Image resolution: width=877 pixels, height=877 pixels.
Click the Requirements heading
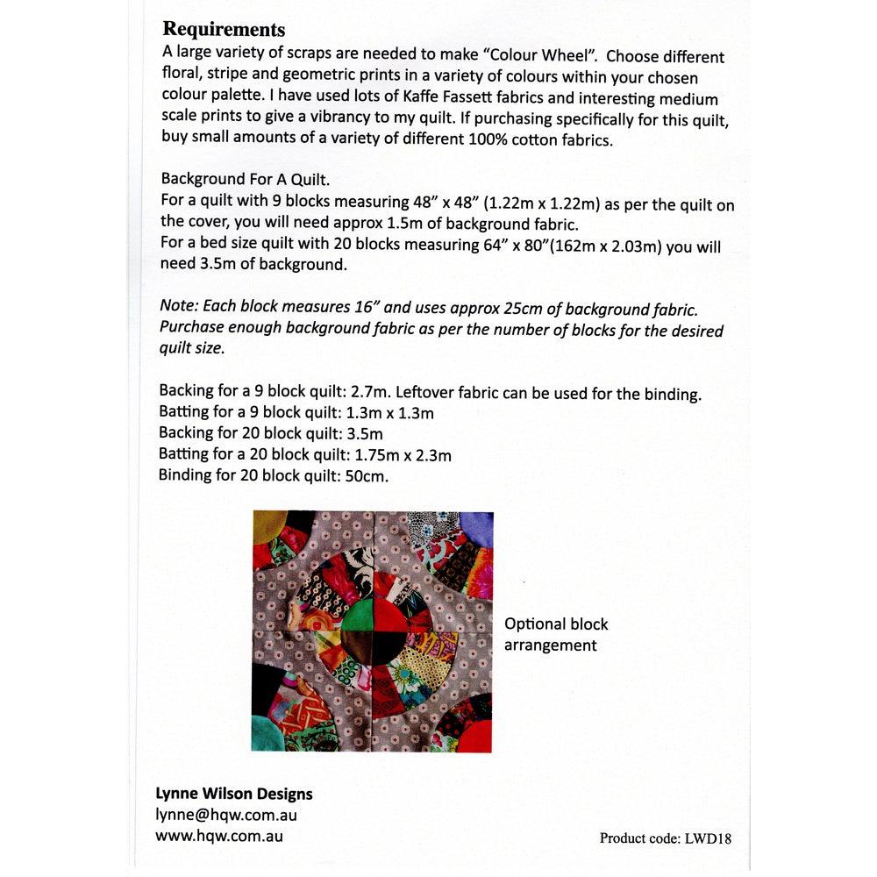coord(224,31)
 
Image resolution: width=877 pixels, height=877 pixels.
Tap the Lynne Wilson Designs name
coord(233,794)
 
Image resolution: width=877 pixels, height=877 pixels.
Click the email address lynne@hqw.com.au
coord(225,815)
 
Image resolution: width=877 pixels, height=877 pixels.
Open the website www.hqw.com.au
coord(219,835)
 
